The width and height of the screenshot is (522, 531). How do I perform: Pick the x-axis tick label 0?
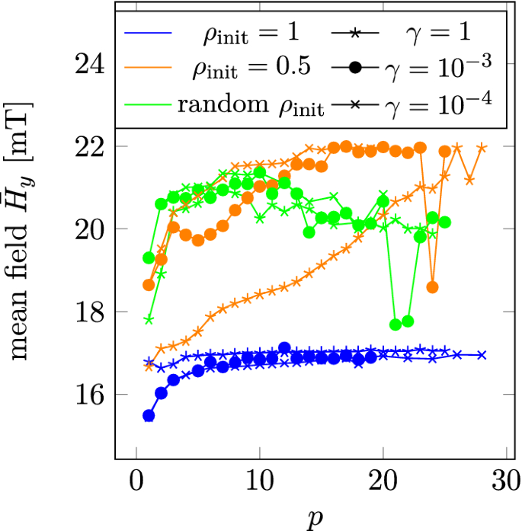136,482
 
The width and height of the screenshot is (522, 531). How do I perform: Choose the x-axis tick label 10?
260,482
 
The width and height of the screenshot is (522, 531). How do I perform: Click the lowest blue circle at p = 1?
149,416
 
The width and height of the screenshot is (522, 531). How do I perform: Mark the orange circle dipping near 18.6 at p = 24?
433,287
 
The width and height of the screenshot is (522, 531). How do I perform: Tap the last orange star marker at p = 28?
482,148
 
